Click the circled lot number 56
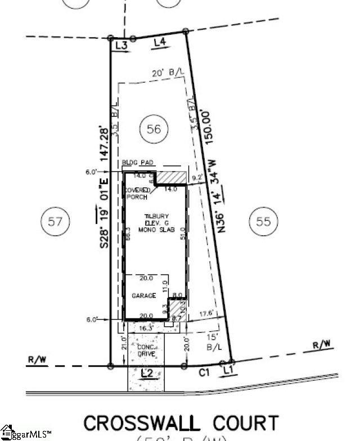[154, 129]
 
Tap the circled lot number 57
[55, 220]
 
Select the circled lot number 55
[263, 220]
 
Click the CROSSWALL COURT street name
[181, 424]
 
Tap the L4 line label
[160, 42]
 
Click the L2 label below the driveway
[147, 373]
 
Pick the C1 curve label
[205, 372]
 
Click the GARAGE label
[143, 295]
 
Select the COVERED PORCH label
[138, 193]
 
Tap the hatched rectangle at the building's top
[170, 177]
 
